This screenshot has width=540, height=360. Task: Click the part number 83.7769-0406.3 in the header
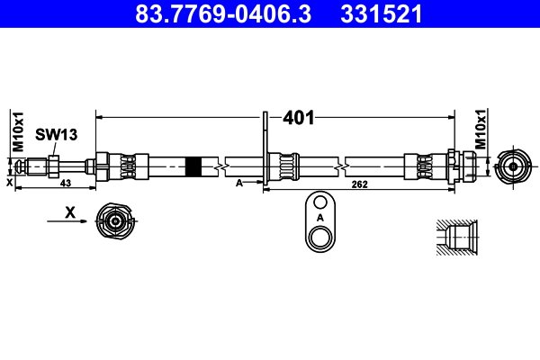[x=223, y=13]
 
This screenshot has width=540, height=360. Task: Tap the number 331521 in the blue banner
[x=382, y=13]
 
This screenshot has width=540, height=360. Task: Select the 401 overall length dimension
[x=299, y=118]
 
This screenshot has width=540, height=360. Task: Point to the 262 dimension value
[x=359, y=184]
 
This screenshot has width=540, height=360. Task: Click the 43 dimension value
[x=66, y=183]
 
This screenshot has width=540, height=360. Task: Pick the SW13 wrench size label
[x=56, y=134]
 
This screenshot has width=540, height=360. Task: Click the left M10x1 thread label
[x=18, y=131]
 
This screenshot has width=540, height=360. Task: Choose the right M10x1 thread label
[x=481, y=130]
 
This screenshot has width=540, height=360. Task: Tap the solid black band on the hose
[x=193, y=166]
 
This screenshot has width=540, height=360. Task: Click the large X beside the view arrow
[x=70, y=212]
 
